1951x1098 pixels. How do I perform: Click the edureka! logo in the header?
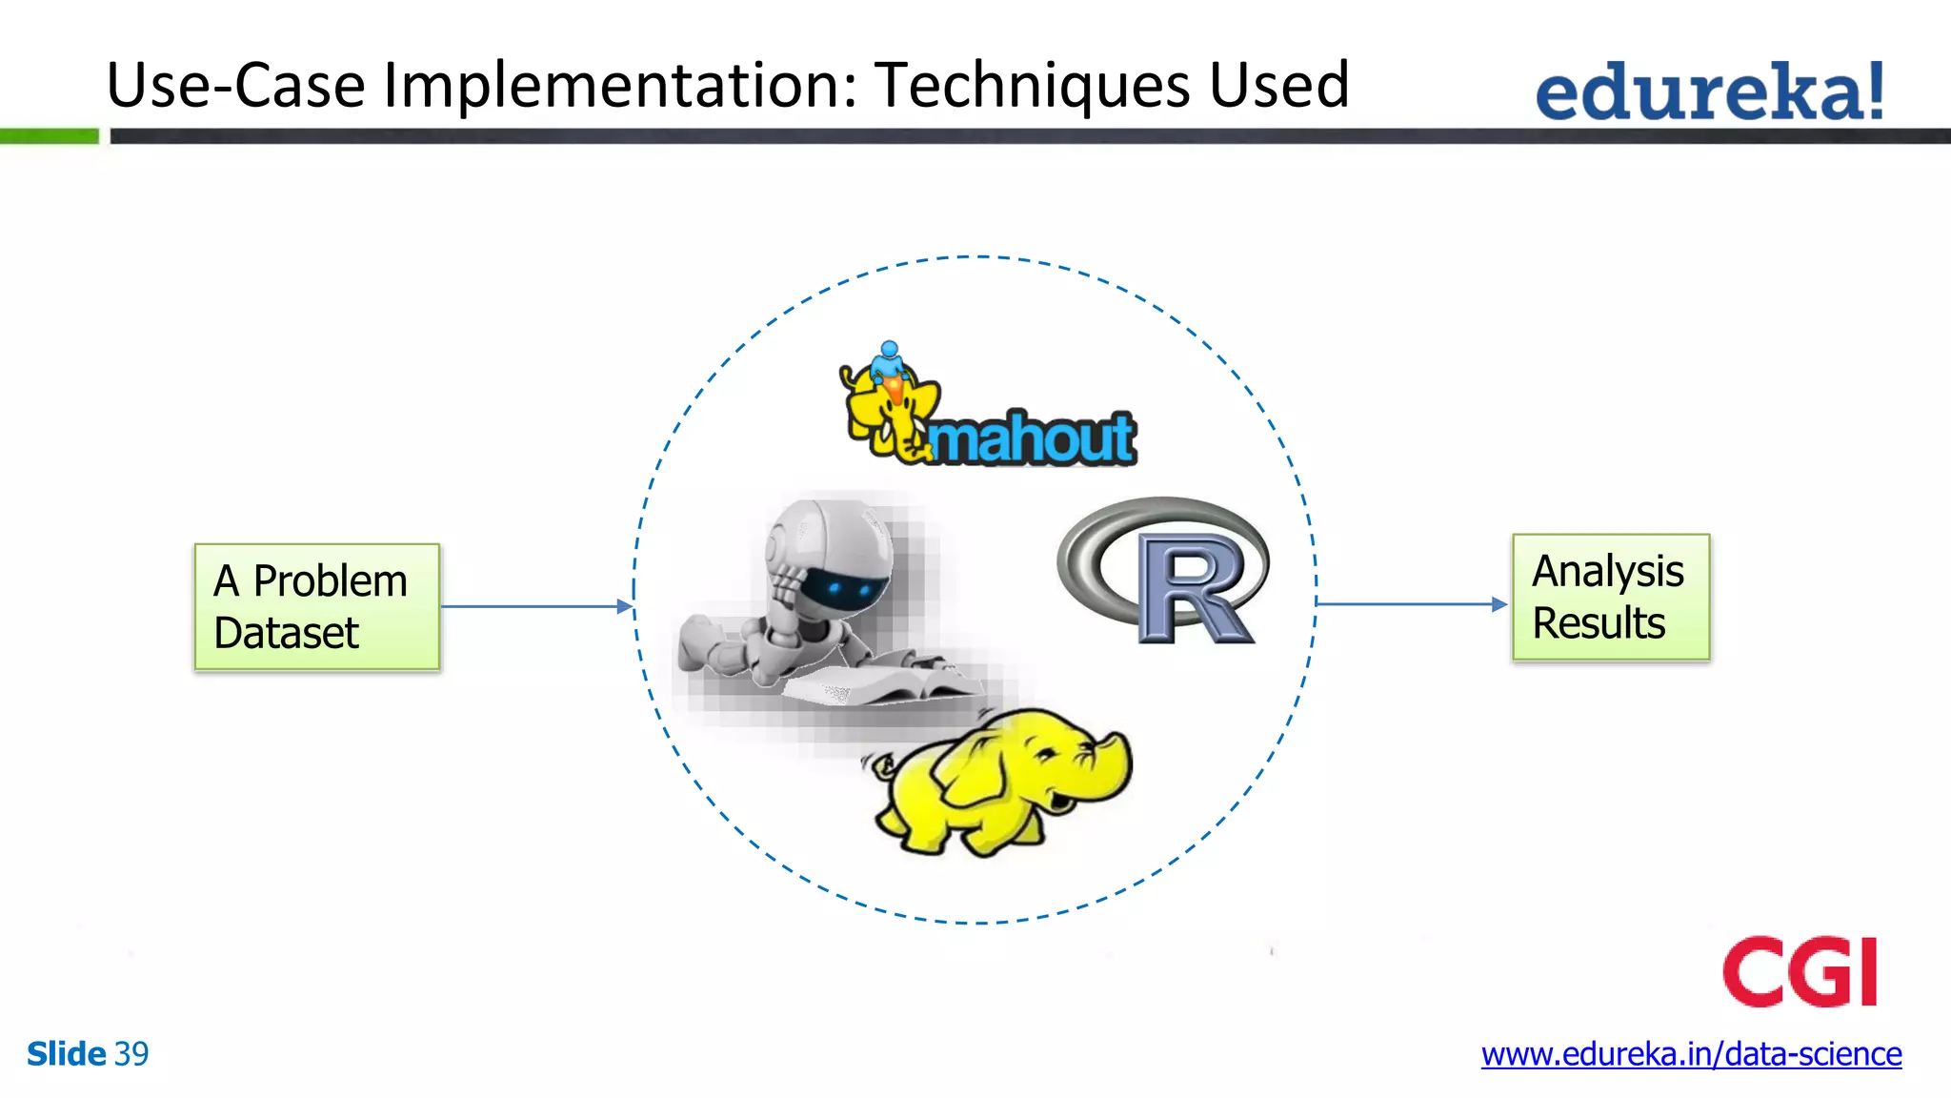[1710, 91]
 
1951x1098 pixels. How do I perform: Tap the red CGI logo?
[1800, 971]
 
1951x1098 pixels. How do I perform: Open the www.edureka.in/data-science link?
[1691, 1054]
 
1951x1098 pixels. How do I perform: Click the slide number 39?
[131, 1054]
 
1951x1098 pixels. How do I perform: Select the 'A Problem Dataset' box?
[316, 607]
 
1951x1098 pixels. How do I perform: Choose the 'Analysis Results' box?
[1610, 598]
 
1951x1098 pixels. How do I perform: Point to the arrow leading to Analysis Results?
[1410, 604]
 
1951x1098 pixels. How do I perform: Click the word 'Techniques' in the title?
[1033, 86]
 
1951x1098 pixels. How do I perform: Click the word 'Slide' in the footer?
[66, 1054]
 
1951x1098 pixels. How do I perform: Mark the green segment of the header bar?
[49, 136]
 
